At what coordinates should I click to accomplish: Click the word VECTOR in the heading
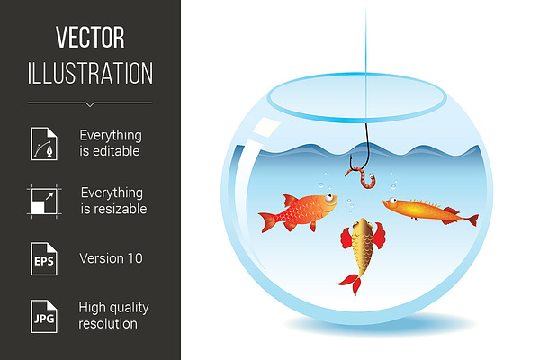(90, 38)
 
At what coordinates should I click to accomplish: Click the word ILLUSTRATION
(90, 73)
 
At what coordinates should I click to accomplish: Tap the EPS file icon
(44, 258)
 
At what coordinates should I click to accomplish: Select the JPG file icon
(44, 316)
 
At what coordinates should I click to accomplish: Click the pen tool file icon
(44, 144)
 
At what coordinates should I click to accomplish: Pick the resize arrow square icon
(44, 202)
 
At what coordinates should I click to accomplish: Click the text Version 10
(111, 258)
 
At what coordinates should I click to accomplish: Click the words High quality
(113, 308)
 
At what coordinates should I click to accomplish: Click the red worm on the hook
(362, 177)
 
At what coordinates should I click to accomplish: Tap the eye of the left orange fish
(328, 197)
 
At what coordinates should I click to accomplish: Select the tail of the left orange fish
(268, 222)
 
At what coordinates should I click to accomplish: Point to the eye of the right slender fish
(392, 200)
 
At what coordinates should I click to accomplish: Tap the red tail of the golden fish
(351, 283)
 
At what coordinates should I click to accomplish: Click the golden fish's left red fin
(346, 238)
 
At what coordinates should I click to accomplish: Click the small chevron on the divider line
(90, 104)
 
